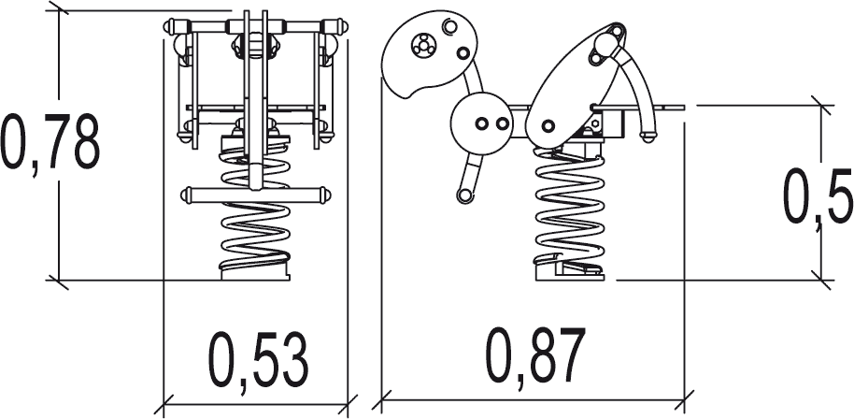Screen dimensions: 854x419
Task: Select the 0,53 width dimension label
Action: (x=258, y=361)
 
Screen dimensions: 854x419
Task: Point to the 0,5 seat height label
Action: (x=817, y=197)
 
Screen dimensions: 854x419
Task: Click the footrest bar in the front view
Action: (x=255, y=195)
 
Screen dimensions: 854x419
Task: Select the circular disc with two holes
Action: (x=481, y=123)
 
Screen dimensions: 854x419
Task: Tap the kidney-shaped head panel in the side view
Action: (x=429, y=54)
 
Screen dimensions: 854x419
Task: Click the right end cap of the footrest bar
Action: (x=325, y=195)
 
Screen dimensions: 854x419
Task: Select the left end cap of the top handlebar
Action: (x=169, y=26)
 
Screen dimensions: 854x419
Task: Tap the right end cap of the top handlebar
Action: (x=343, y=26)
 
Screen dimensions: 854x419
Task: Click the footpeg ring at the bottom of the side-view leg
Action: (x=464, y=195)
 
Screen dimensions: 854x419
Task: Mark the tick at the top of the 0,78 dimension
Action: (x=58, y=9)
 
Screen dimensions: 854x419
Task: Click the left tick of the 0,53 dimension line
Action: (x=164, y=405)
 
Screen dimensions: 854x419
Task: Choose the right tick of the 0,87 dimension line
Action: (x=684, y=399)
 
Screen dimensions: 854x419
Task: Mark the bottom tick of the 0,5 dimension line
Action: (x=821, y=280)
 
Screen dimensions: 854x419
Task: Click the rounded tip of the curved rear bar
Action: (x=648, y=136)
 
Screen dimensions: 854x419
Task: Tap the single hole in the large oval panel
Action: (x=548, y=126)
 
